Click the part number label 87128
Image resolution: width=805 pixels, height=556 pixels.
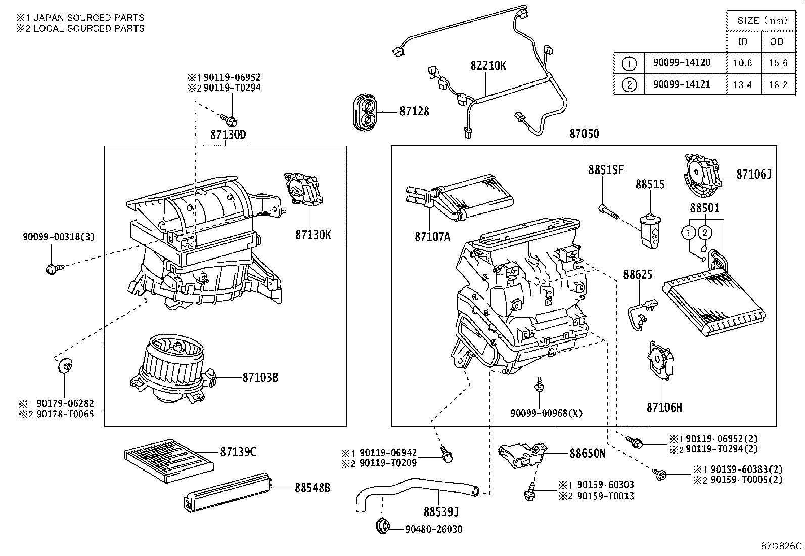414,111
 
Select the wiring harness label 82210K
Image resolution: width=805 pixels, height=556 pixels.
488,66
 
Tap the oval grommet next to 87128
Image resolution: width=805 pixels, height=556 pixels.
365,112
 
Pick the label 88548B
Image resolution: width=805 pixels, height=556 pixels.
312,488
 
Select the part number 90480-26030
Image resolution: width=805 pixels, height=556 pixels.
433,529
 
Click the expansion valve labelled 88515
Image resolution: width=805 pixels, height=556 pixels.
650,230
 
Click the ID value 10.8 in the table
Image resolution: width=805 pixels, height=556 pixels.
742,63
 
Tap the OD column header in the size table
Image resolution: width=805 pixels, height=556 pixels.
777,41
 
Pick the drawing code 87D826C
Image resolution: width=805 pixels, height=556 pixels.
782,546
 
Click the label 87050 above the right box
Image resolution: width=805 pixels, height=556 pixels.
584,134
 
